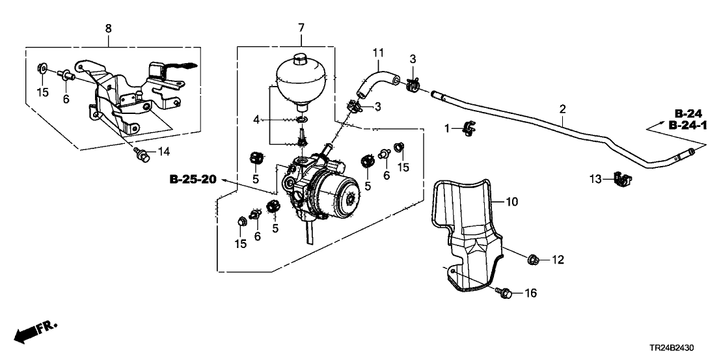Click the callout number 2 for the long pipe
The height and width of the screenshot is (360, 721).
tap(562, 111)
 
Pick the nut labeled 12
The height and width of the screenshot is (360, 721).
tap(532, 259)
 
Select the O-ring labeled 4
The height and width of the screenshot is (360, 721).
tap(303, 119)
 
